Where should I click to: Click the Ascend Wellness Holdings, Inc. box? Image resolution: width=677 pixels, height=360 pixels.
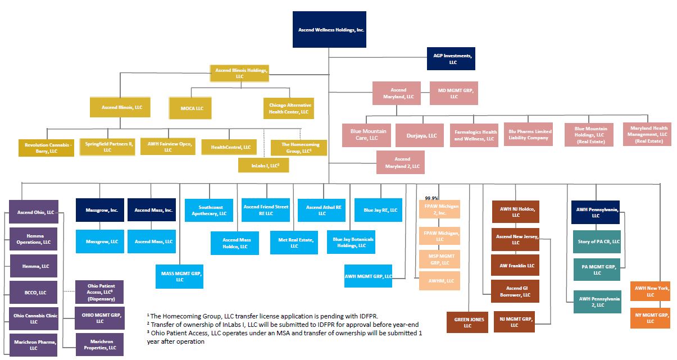click(x=329, y=29)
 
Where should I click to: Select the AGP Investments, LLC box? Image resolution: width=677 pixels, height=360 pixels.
click(x=451, y=58)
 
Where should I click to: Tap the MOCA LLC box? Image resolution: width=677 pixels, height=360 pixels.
click(x=191, y=108)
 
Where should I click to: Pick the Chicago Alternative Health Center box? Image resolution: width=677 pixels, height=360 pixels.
click(x=288, y=108)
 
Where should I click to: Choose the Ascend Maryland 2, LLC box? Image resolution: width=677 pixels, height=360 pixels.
click(x=401, y=162)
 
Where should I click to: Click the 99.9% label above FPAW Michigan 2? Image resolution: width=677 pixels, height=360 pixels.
click(x=432, y=198)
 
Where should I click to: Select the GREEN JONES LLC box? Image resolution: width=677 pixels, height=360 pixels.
click(x=467, y=322)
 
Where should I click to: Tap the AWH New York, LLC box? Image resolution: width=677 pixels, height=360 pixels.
click(x=650, y=291)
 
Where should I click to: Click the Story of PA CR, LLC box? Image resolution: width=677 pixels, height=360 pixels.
click(x=597, y=241)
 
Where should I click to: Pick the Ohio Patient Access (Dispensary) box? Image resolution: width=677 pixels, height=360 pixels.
click(x=99, y=292)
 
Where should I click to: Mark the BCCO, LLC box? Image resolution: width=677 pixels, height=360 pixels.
click(x=33, y=293)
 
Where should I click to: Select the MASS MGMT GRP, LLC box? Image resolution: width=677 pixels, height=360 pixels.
click(x=179, y=276)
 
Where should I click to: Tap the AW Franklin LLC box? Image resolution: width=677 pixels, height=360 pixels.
click(x=515, y=266)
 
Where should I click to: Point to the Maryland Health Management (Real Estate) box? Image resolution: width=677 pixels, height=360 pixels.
click(x=647, y=135)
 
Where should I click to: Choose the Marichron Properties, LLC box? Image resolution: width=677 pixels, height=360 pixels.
click(x=99, y=344)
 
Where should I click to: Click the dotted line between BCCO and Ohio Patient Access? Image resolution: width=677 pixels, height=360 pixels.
click(x=66, y=291)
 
